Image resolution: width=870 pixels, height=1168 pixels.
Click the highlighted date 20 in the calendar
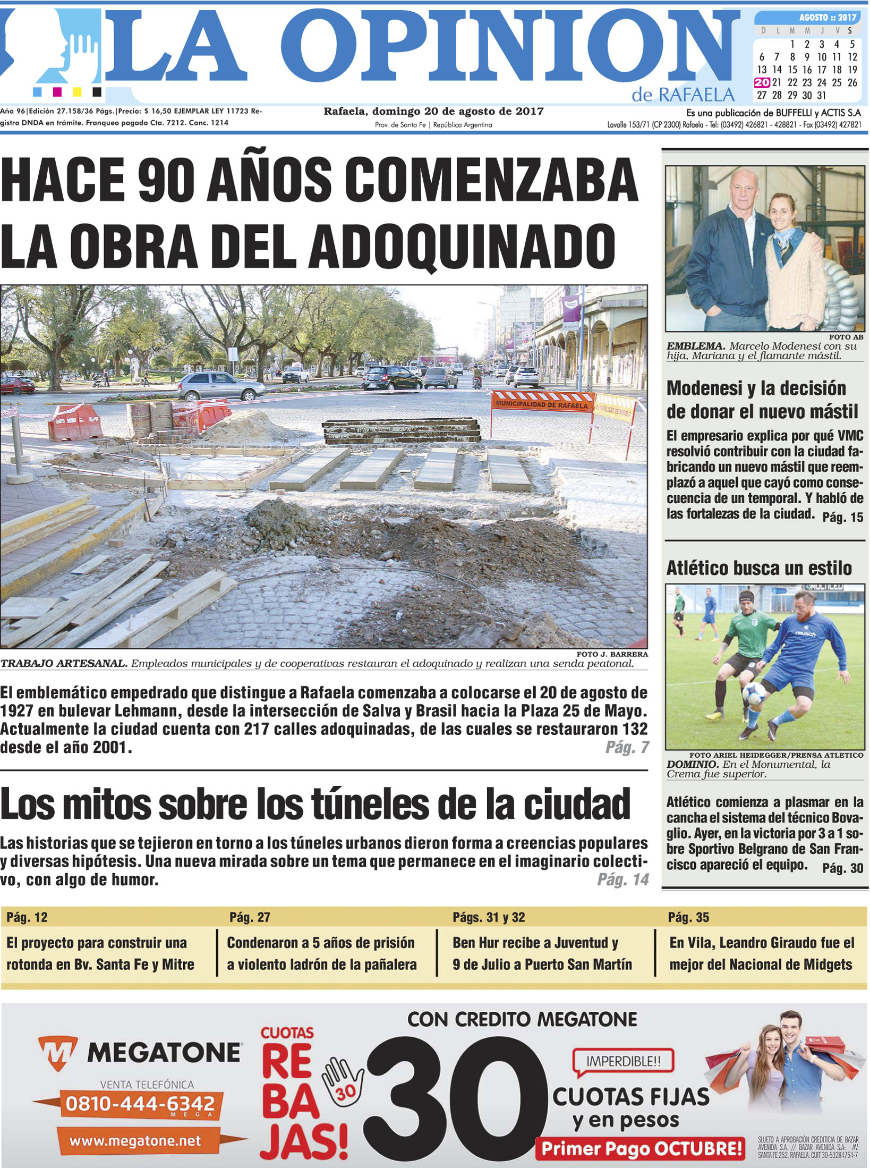tap(762, 82)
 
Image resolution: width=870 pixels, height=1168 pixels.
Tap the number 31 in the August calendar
tap(822, 96)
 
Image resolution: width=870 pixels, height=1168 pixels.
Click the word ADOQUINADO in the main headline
tap(462, 246)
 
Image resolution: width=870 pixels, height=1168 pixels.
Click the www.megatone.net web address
tap(135, 1141)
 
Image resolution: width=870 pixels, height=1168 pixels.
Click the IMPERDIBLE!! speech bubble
tap(623, 1062)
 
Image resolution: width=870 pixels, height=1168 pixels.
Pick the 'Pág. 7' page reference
tap(627, 748)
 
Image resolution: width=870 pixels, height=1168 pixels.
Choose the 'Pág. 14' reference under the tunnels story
tap(623, 880)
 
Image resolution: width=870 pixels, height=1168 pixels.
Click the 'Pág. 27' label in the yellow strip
tap(250, 917)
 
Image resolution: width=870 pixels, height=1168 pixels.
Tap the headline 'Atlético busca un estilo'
tap(759, 568)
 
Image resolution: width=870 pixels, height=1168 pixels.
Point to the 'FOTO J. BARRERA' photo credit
tap(612, 654)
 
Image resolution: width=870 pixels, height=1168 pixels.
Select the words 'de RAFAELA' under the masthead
tap(683, 95)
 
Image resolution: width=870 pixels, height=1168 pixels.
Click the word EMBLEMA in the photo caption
tap(695, 346)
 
